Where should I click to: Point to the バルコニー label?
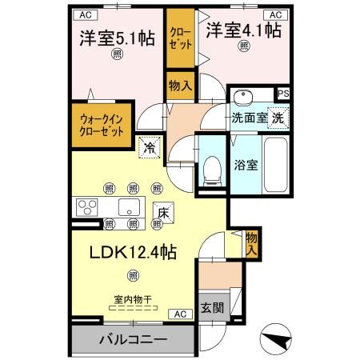(133, 340)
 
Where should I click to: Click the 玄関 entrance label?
(211, 308)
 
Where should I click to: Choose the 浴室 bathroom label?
(245, 166)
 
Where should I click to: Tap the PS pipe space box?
(282, 94)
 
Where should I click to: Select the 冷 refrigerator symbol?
(149, 147)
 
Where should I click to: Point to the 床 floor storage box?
(162, 213)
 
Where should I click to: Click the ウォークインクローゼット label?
(102, 126)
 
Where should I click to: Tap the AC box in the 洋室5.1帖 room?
(83, 14)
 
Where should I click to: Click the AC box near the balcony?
(181, 314)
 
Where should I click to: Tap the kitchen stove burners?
(86, 208)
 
